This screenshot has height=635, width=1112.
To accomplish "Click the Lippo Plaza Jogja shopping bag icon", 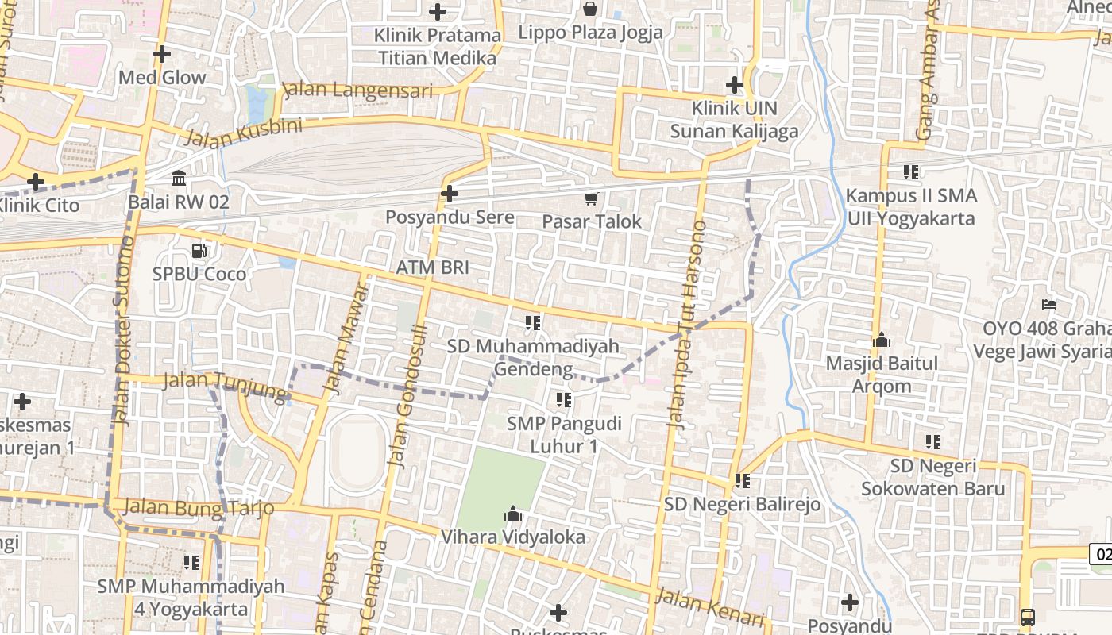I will pos(590,10).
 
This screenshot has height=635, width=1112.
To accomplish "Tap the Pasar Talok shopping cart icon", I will pos(591,198).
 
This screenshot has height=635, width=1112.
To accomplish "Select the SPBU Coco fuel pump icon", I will pos(199,251).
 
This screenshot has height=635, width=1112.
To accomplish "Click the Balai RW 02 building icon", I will pos(179,178).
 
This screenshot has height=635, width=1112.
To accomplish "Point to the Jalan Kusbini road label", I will pos(243,133).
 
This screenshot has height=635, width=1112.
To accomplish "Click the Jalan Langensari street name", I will pos(358,89).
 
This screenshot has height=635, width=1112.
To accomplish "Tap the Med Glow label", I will pos(162,78).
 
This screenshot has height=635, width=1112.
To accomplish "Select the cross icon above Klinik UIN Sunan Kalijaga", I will pos(735,84).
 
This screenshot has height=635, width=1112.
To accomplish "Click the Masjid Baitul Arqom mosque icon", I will pos(882,341).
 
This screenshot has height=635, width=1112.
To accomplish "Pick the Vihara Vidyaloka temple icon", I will pos(513,514).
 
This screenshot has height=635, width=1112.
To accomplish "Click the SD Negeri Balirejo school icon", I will pos(743,480).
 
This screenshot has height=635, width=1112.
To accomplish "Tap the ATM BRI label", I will pos(432,267).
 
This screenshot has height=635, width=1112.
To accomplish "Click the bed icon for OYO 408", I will pos(1048,305).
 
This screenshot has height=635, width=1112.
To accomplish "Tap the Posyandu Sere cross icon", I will pos(450,194).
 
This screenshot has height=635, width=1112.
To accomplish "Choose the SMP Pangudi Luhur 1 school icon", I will pos(564,400).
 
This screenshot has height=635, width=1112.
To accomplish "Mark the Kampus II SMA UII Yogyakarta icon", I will pos(911,171).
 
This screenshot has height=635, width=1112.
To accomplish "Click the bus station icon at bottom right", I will pos(1028,617).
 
